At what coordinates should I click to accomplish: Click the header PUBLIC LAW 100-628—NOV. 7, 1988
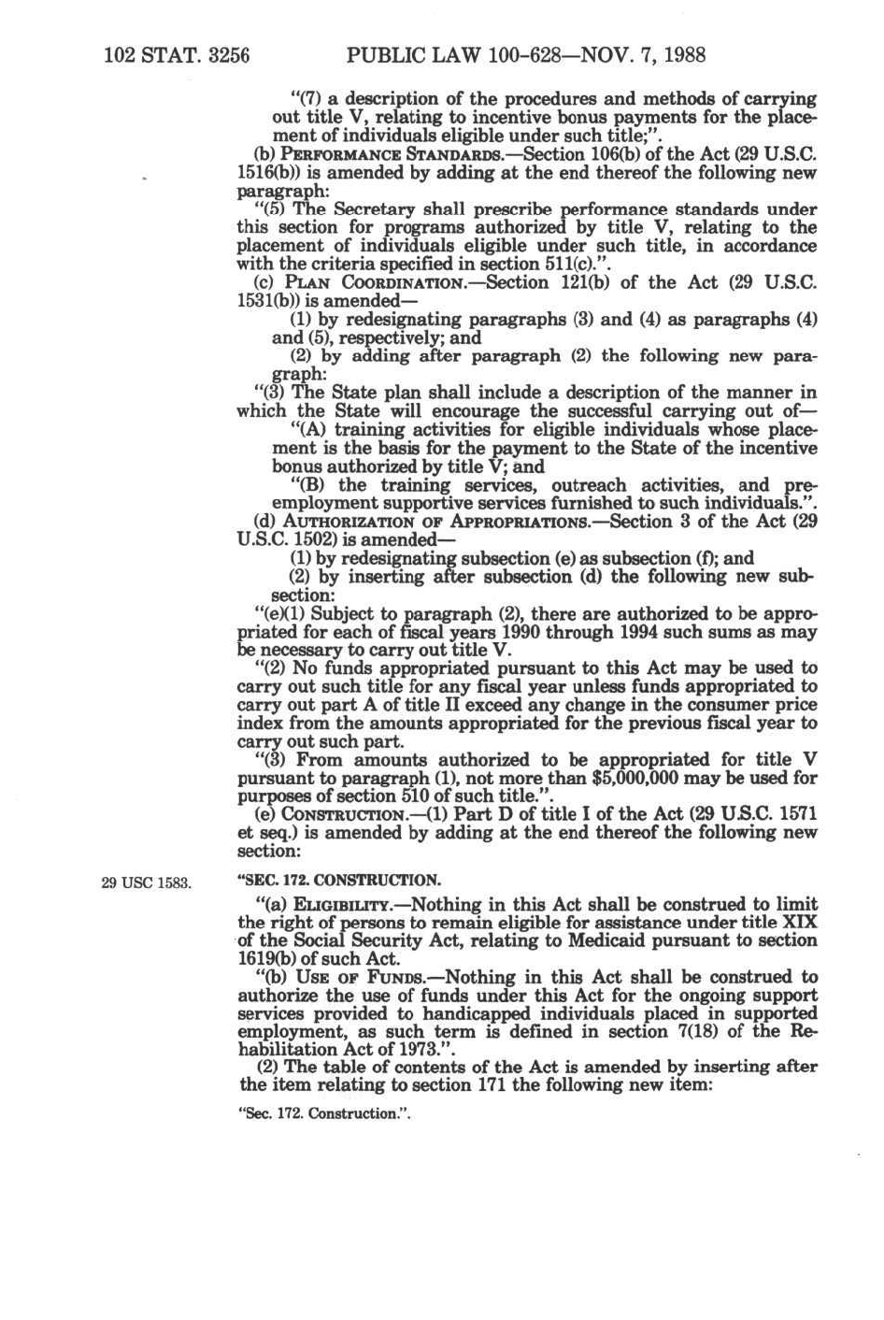click(x=525, y=55)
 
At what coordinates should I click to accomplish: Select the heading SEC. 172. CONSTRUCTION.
click(x=340, y=881)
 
